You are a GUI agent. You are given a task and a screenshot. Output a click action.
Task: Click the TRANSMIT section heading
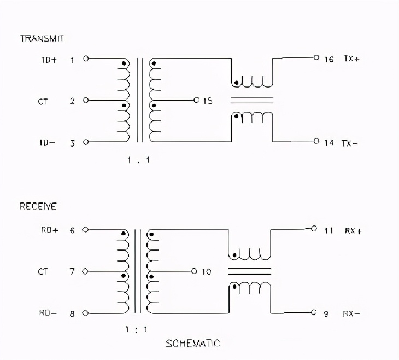42,38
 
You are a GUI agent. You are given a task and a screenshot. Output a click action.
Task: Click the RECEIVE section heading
38,206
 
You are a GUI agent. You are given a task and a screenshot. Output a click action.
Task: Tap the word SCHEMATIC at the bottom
192,344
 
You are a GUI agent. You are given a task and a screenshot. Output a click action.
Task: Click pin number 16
328,59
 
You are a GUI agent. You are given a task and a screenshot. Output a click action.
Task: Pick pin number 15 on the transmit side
208,101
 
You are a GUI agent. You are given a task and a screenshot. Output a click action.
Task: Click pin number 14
328,143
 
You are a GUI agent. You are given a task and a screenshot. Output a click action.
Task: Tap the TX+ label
351,59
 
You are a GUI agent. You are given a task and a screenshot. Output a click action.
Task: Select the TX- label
351,143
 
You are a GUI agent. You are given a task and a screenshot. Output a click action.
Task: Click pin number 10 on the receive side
207,271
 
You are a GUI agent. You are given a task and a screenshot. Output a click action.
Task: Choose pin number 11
328,230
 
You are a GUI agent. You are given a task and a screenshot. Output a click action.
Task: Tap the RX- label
351,313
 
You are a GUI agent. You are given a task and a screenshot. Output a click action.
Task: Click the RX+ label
352,230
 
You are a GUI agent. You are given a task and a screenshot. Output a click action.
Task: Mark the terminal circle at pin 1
86,58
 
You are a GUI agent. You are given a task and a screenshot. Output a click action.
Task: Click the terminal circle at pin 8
86,313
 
